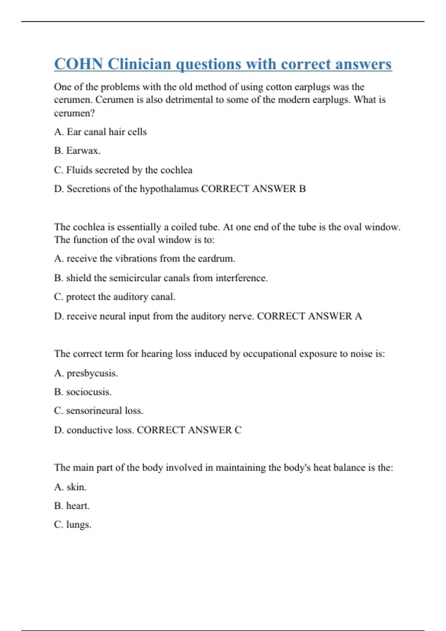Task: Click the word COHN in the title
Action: pyautogui.click(x=78, y=64)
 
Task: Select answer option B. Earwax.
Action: pyautogui.click(x=77, y=151)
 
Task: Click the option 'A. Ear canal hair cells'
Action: pyautogui.click(x=100, y=132)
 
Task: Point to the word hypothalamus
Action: pyautogui.click(x=169, y=189)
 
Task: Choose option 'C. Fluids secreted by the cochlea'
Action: pyautogui.click(x=123, y=170)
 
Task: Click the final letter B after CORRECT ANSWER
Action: pyautogui.click(x=302, y=189)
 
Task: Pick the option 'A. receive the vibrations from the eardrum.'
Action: pyautogui.click(x=145, y=258)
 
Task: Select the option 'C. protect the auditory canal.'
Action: pyautogui.click(x=114, y=297)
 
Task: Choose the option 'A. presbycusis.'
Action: pyautogui.click(x=86, y=373)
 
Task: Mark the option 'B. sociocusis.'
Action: pyautogui.click(x=83, y=392)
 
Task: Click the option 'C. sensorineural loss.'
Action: pyautogui.click(x=98, y=411)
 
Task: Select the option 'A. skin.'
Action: pyautogui.click(x=70, y=487)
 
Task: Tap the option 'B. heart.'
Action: pyautogui.click(x=72, y=506)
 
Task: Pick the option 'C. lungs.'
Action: pyautogui.click(x=72, y=525)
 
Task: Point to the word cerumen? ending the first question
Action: pyautogui.click(x=74, y=113)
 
